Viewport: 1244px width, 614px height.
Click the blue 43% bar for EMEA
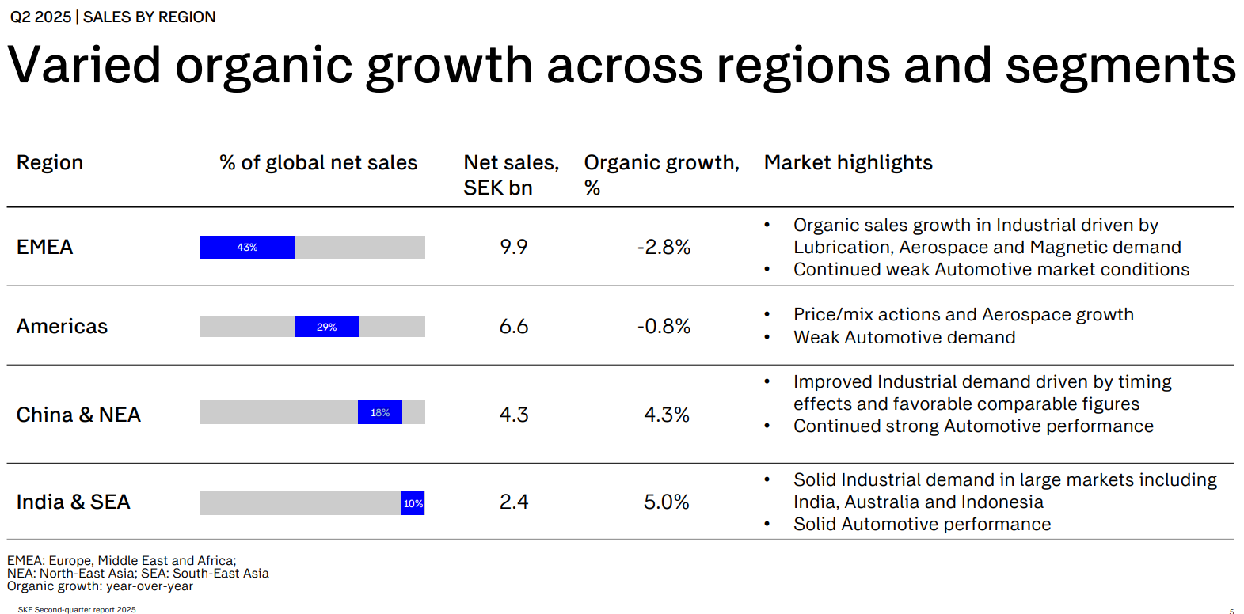(x=247, y=247)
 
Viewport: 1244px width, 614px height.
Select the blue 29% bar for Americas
(x=326, y=327)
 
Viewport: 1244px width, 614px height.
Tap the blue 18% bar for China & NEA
(x=379, y=412)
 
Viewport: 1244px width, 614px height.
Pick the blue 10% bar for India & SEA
(x=413, y=503)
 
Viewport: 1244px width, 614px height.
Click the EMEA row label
(x=44, y=248)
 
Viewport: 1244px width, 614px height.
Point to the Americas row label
(x=62, y=327)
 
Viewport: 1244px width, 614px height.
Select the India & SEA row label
(x=73, y=502)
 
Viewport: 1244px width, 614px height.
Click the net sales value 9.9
(x=513, y=248)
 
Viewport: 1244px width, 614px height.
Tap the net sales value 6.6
(x=513, y=327)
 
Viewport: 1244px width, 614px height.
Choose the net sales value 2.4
(x=513, y=502)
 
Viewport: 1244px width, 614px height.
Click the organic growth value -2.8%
(x=664, y=248)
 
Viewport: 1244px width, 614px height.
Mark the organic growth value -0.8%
(x=664, y=327)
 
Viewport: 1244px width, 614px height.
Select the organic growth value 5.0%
(x=666, y=502)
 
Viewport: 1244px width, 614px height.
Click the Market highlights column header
(x=847, y=163)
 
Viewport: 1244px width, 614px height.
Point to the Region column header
(x=49, y=163)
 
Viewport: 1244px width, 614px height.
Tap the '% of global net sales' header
(x=318, y=163)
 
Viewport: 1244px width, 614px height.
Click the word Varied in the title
(x=84, y=66)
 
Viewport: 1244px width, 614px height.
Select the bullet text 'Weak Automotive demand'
(x=904, y=338)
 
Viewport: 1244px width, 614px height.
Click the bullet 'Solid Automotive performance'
(x=922, y=525)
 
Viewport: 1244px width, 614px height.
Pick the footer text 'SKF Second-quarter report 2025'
(x=77, y=610)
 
